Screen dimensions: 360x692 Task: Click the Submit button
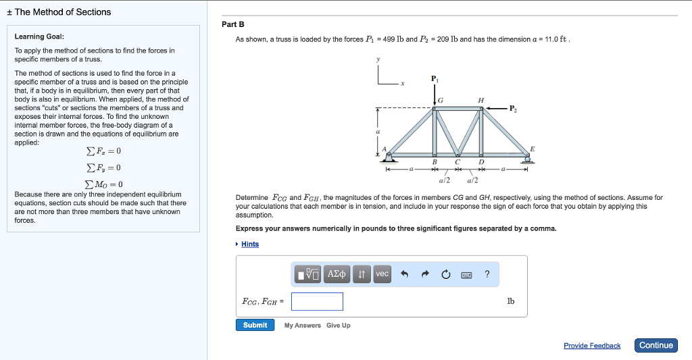click(x=255, y=325)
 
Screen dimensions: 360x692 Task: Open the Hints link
click(x=250, y=244)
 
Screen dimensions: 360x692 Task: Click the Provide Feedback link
click(x=592, y=346)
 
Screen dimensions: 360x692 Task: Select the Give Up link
click(x=338, y=326)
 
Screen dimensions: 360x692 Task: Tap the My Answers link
click(x=302, y=326)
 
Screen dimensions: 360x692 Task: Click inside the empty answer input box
click(x=317, y=301)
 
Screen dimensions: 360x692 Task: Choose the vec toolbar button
click(x=382, y=274)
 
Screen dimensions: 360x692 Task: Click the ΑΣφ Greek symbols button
click(x=337, y=274)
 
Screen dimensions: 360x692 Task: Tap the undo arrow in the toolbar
click(x=405, y=274)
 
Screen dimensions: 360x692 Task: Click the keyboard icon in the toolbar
click(x=466, y=274)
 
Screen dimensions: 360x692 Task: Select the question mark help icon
click(x=487, y=274)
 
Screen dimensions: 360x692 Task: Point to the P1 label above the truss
click(x=434, y=78)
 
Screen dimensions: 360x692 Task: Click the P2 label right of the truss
click(x=513, y=108)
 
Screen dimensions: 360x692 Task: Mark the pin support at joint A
click(x=389, y=158)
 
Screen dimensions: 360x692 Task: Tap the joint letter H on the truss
click(x=480, y=100)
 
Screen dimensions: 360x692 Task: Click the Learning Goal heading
click(x=40, y=36)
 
